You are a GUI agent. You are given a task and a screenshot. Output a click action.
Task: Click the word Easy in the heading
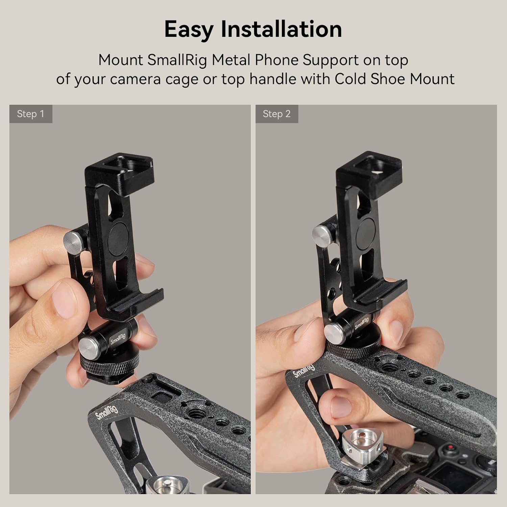pyautogui.click(x=189, y=29)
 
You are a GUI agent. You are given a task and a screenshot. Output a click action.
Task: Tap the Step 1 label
pyautogui.click(x=30, y=114)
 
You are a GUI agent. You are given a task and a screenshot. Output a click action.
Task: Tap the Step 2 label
pyautogui.click(x=276, y=114)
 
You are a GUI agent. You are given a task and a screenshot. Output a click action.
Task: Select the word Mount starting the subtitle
pyautogui.click(x=120, y=60)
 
